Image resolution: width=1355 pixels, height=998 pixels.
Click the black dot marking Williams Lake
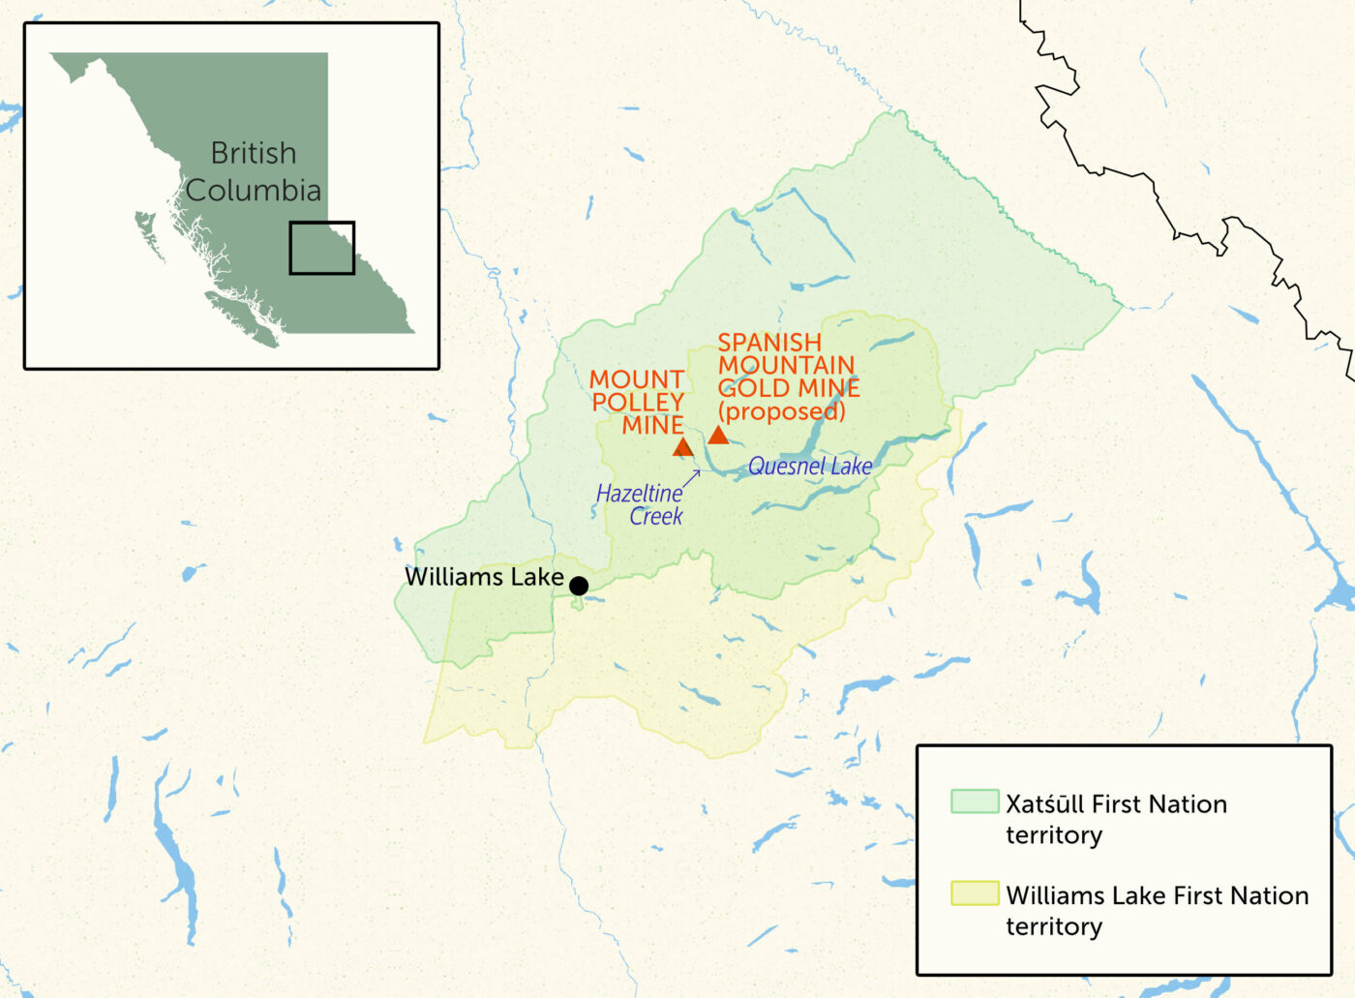coord(579,586)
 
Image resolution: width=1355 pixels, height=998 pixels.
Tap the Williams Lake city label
coord(484,577)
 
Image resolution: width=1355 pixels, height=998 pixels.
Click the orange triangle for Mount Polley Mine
coord(682,447)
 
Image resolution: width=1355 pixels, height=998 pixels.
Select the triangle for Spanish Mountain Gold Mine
coord(718,436)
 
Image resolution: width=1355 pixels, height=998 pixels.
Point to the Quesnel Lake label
coord(810,467)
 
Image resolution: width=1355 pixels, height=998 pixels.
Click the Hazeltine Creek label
coord(640,504)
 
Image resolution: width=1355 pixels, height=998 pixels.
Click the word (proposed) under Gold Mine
coord(781,411)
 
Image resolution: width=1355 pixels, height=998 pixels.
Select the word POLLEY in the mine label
coord(638,402)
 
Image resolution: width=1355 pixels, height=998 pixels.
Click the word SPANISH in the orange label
coord(769,343)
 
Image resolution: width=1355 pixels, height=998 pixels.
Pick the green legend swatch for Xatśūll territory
coord(974,801)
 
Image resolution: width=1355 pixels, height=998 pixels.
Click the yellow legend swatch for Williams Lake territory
coord(974,893)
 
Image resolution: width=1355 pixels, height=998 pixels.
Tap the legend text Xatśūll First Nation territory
coord(1115,819)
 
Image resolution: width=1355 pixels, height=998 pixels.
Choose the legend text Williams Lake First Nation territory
coord(1157,910)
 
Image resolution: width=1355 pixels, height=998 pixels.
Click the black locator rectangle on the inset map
coord(322,248)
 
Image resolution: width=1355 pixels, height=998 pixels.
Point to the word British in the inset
coord(254,153)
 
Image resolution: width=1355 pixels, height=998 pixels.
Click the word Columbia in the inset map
coord(254,191)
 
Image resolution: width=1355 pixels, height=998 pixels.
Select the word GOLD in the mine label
coord(748,388)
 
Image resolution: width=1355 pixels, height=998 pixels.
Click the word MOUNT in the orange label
coord(637,379)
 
